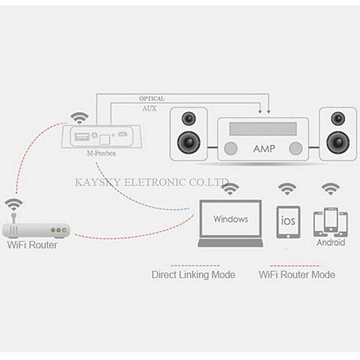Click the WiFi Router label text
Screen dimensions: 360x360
click(32, 245)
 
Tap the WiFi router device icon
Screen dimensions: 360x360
click(36, 230)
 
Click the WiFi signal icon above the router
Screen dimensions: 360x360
click(14, 204)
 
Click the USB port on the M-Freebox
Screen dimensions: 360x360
click(79, 137)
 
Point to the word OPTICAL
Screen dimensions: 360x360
click(152, 98)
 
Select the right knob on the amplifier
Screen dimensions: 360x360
click(295, 148)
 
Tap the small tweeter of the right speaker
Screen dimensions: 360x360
click(335, 118)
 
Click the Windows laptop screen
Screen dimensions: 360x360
click(230, 219)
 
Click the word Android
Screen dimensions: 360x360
click(331, 243)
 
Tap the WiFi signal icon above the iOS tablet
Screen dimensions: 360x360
click(287, 190)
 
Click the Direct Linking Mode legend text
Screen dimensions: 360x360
click(193, 275)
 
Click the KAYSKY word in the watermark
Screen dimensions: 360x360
click(92, 181)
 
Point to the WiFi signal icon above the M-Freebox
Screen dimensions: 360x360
click(77, 116)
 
